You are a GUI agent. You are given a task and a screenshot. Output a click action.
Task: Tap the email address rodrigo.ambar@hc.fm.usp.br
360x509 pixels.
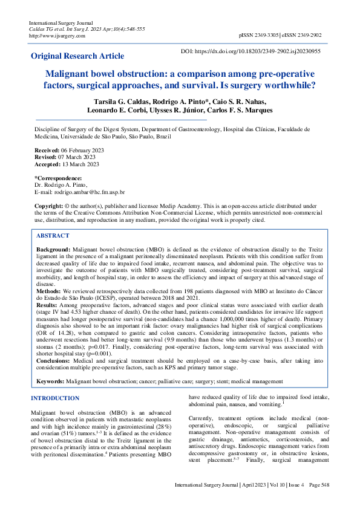tap(87, 192)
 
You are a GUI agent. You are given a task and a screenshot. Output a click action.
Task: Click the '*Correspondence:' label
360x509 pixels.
tap(58, 178)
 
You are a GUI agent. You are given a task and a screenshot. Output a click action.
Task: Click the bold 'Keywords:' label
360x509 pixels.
tap(51, 382)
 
